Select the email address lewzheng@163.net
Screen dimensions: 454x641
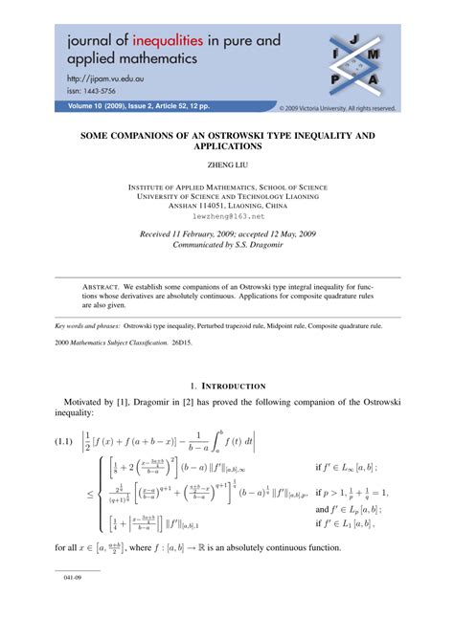coord(227,218)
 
